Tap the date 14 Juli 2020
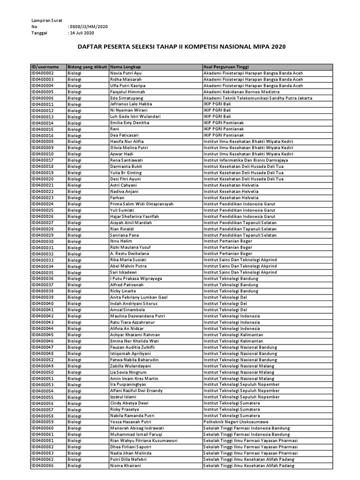point(82,33)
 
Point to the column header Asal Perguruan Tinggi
point(226,67)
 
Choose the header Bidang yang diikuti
point(88,67)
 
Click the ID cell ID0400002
point(43,74)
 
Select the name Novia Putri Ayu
point(125,74)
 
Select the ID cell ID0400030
point(43,241)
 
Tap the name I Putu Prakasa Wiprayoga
point(136,278)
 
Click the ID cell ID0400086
point(43,465)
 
